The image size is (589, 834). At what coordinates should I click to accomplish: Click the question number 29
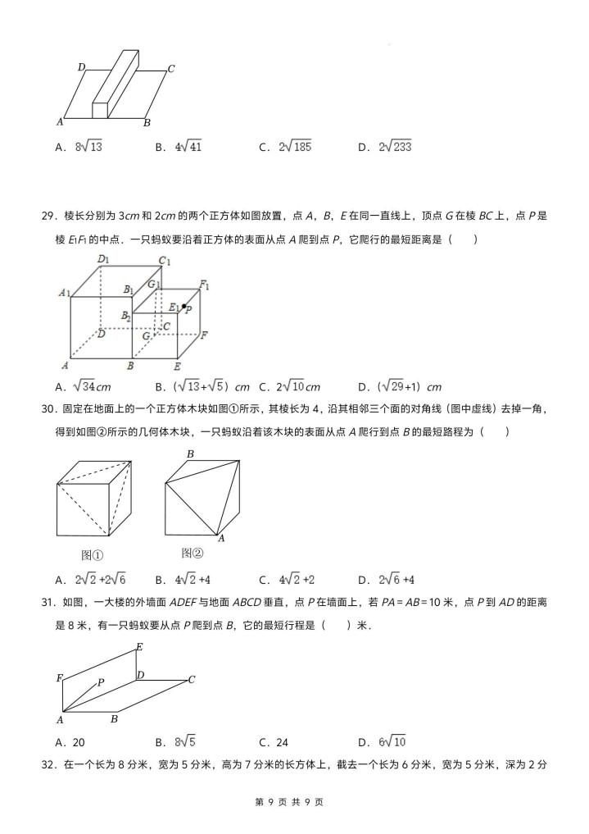(x=47, y=216)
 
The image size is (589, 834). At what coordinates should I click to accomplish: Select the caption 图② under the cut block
(x=192, y=552)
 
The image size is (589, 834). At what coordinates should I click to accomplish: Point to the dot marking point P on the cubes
(x=183, y=307)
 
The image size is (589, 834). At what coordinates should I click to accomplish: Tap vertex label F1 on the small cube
(x=205, y=285)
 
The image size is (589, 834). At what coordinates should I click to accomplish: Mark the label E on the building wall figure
(x=139, y=647)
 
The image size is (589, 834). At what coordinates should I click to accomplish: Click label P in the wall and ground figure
(x=101, y=681)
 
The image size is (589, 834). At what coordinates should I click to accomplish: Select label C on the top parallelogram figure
(x=170, y=69)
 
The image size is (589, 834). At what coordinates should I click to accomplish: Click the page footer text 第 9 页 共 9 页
(x=294, y=802)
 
